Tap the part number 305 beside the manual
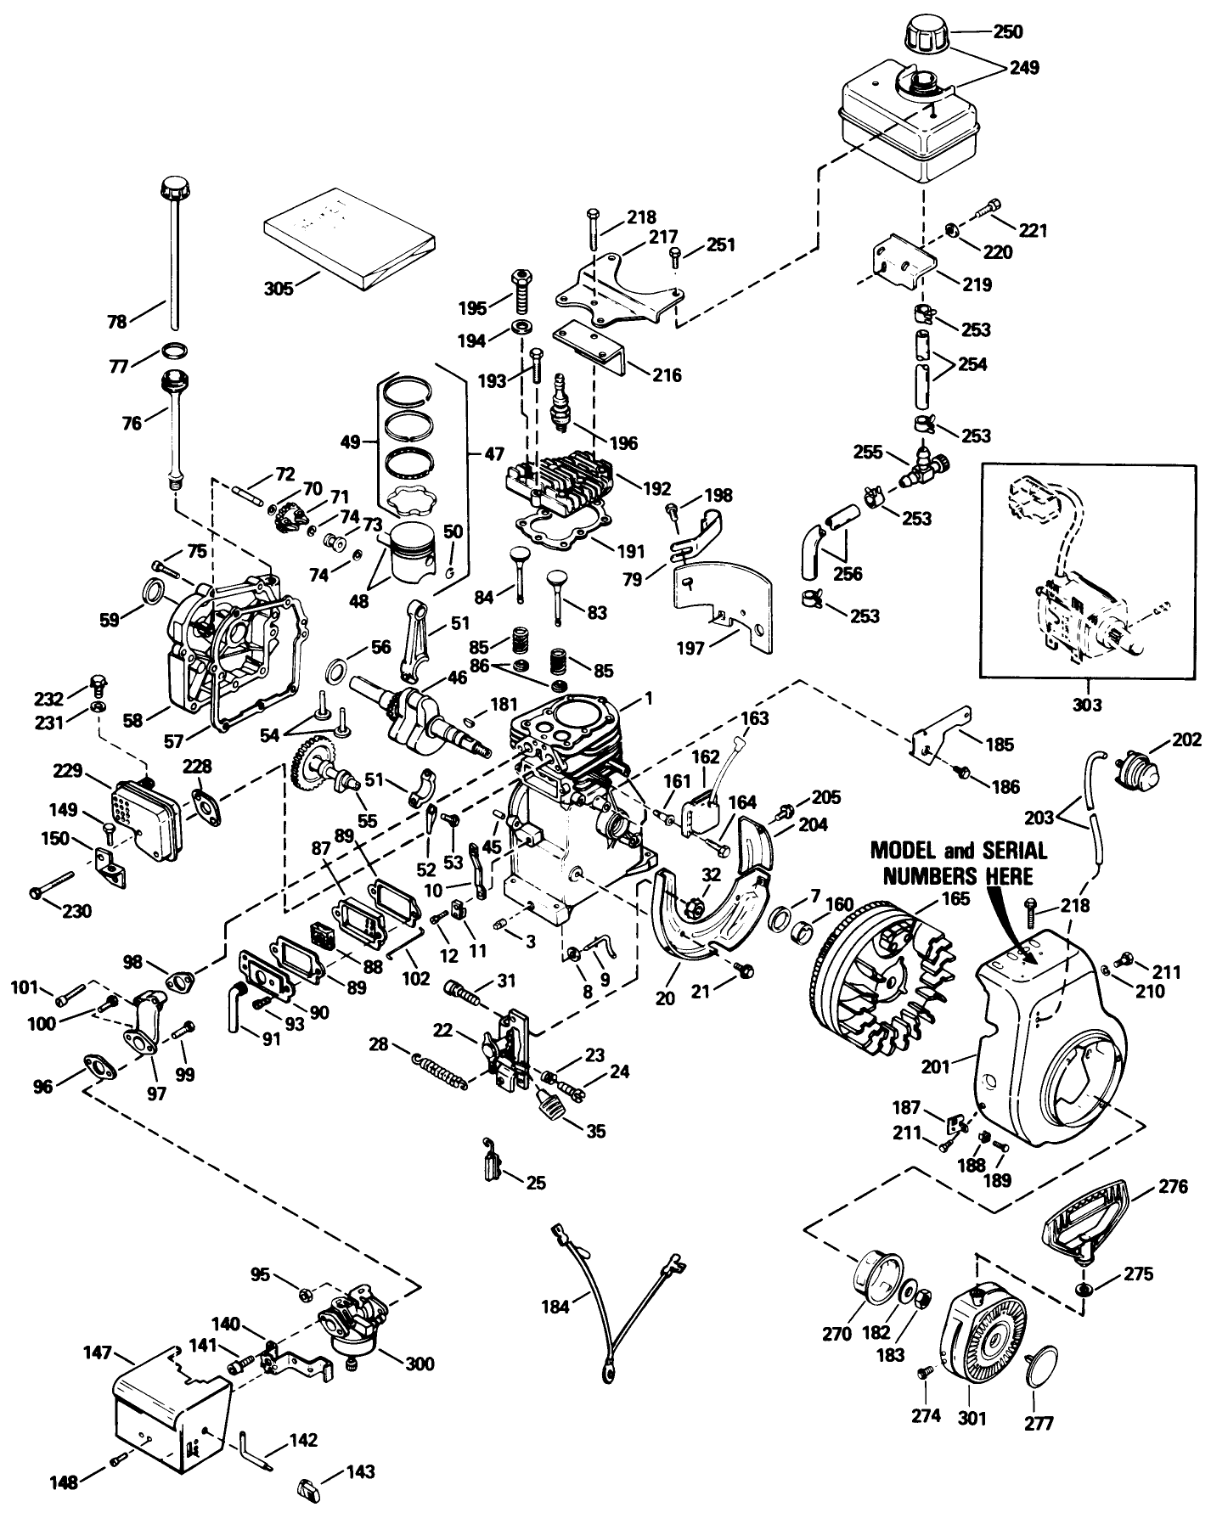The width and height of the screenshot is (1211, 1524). [x=279, y=289]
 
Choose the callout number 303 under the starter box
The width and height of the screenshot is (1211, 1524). [x=1086, y=705]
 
